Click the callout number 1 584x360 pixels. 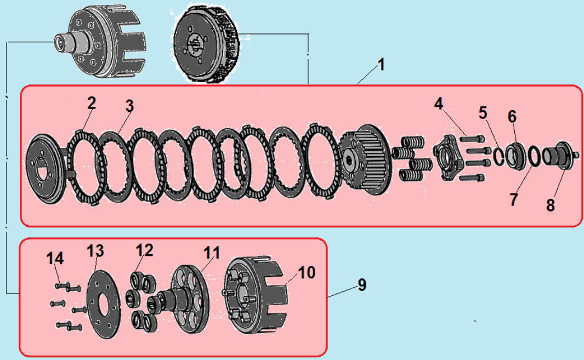(x=381, y=65)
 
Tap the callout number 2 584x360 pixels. (x=91, y=102)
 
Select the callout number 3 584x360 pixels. (x=129, y=106)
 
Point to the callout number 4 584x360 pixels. (x=439, y=104)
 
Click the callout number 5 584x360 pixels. (x=483, y=113)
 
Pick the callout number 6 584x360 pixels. (x=512, y=116)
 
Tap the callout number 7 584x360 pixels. (x=513, y=199)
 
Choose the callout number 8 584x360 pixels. (x=550, y=205)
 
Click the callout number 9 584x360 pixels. (x=361, y=285)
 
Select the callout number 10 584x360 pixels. (x=307, y=272)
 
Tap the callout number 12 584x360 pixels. (x=145, y=250)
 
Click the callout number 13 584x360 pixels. (x=95, y=251)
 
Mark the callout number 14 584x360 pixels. (x=55, y=258)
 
